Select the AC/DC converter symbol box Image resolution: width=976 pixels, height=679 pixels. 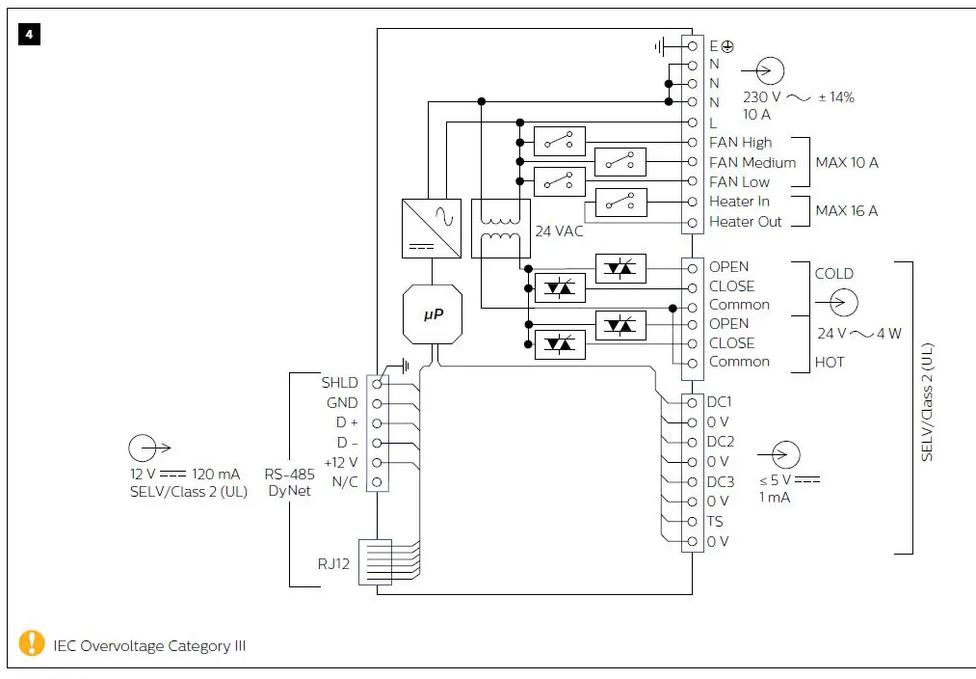(431, 228)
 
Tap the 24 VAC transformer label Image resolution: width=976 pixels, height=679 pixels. (559, 231)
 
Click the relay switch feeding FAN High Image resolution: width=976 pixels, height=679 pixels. (559, 142)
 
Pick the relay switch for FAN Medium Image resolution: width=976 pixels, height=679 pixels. (620, 162)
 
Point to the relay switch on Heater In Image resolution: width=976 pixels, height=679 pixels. (620, 202)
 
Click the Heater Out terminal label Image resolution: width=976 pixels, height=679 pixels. (746, 222)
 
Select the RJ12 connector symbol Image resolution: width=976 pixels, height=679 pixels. (374, 561)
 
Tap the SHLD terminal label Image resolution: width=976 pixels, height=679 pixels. (339, 383)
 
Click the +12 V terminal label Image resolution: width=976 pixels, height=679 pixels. (340, 462)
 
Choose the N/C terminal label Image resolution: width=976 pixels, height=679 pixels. (344, 482)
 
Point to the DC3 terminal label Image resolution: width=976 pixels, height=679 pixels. (720, 481)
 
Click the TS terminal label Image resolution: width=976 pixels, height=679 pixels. (715, 522)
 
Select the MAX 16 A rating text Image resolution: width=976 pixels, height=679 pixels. (847, 211)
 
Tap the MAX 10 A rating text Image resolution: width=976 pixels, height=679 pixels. (847, 162)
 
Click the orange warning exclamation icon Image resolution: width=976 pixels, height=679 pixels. (32, 642)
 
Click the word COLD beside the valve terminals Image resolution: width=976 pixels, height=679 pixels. (833, 274)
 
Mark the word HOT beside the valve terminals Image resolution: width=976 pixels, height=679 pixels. (829, 363)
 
